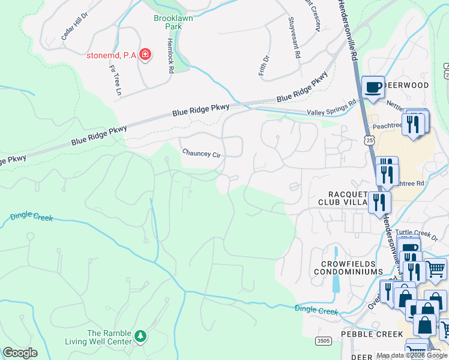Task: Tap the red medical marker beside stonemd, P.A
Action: (x=145, y=55)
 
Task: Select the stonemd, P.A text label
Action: (x=111, y=55)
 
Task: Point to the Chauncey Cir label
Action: (x=202, y=154)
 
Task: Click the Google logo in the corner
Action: (x=20, y=353)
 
